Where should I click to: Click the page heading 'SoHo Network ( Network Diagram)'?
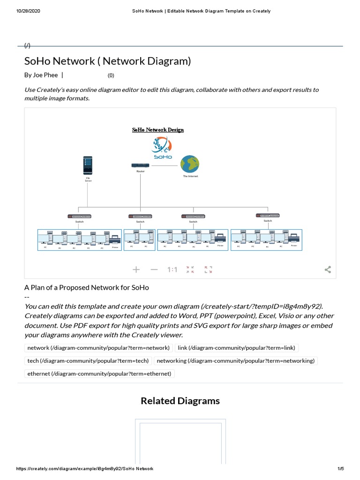[x=108, y=61]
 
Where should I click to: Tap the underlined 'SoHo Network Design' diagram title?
[x=158, y=130]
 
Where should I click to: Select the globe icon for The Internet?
[x=190, y=164]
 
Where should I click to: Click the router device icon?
[x=140, y=165]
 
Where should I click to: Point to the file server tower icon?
[x=88, y=165]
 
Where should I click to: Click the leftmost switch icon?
[x=79, y=216]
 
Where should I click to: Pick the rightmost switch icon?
[x=268, y=215]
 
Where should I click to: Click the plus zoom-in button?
[x=136, y=270]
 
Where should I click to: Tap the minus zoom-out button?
[x=154, y=270]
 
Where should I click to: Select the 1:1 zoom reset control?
[x=172, y=270]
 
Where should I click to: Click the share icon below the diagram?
[x=328, y=270]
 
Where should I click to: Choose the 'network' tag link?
[x=98, y=348]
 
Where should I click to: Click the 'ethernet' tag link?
[x=99, y=374]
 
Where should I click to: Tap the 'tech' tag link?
[x=88, y=360]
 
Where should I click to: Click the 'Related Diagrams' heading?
[x=180, y=401]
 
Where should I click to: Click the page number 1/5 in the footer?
[x=340, y=469]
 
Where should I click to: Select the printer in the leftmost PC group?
[x=115, y=238]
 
